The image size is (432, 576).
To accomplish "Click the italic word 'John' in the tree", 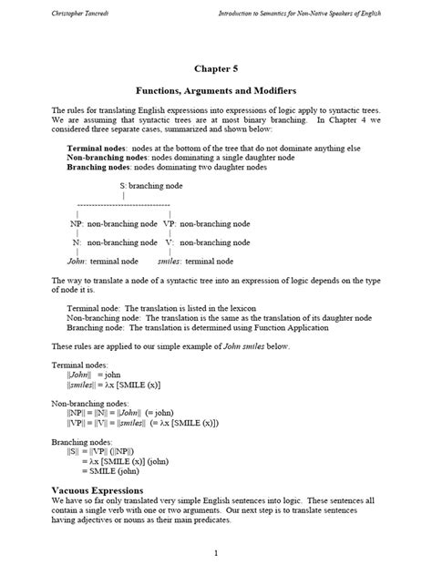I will click(x=77, y=261).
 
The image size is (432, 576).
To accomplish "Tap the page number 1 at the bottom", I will click(x=216, y=553).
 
